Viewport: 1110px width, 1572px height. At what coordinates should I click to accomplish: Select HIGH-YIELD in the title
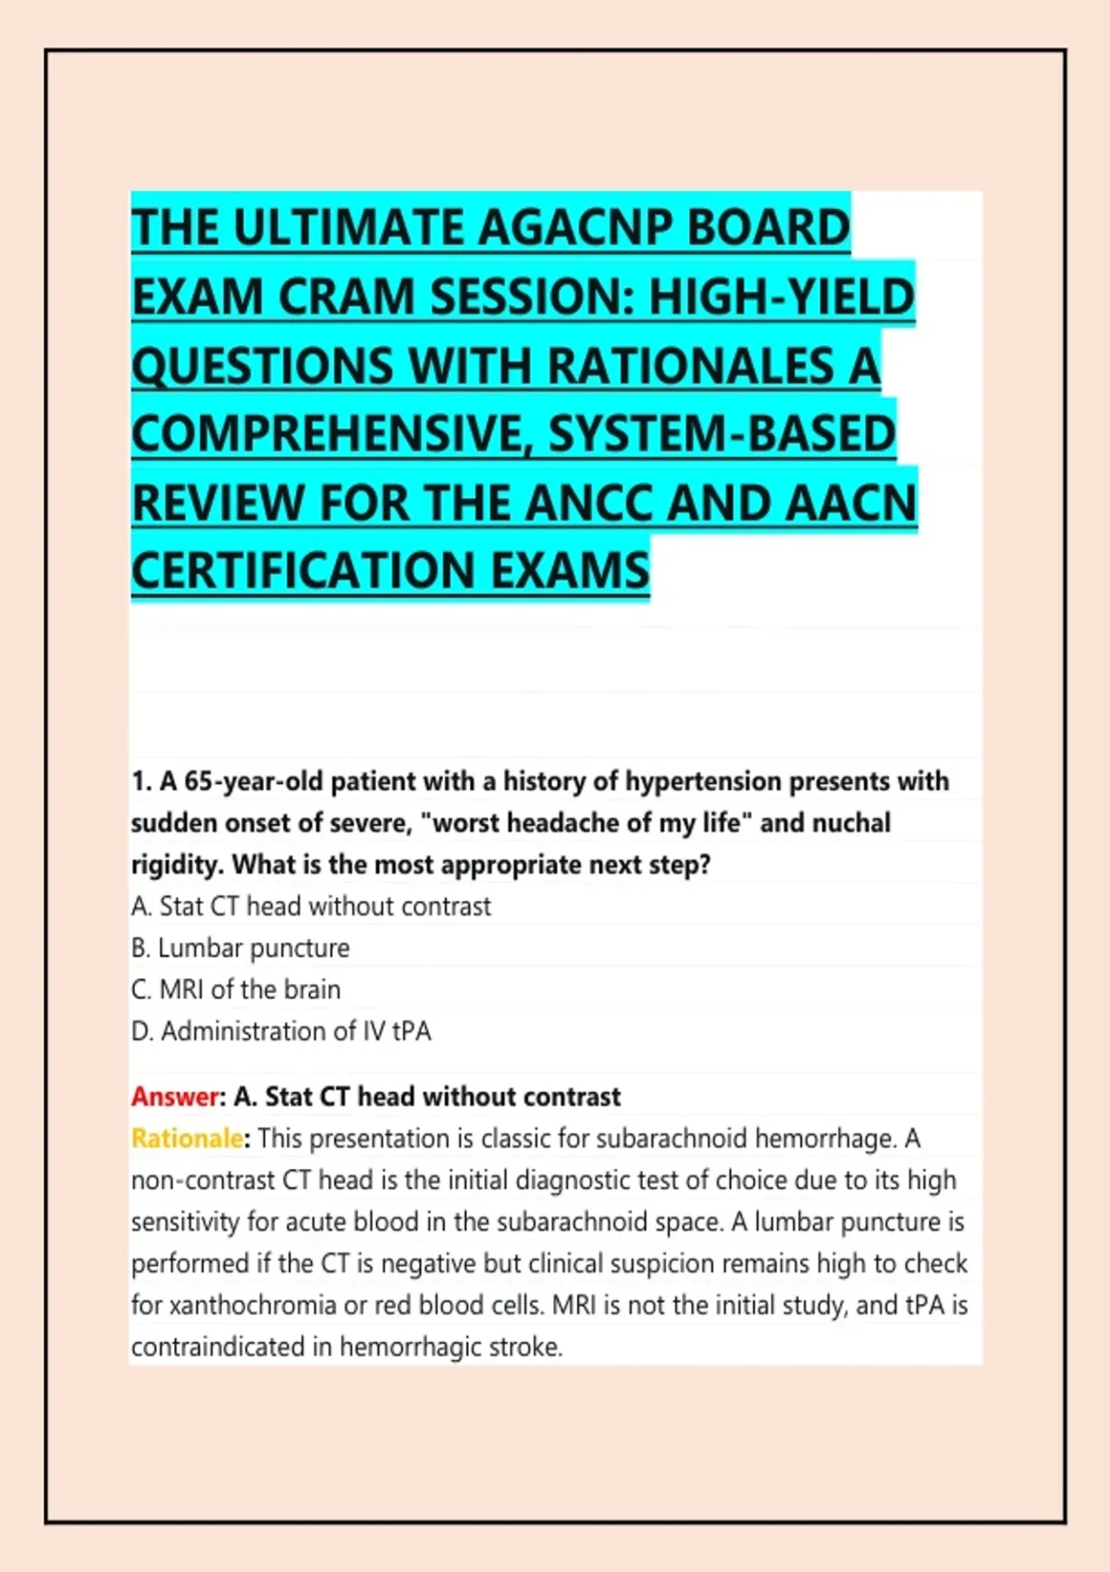pyautogui.click(x=782, y=296)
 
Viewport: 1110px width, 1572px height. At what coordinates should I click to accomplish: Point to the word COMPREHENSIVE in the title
pyautogui.click(x=334, y=434)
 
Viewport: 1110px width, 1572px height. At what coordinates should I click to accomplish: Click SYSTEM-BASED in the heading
pyautogui.click(x=722, y=434)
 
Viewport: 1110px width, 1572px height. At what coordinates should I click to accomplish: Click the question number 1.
pyautogui.click(x=139, y=781)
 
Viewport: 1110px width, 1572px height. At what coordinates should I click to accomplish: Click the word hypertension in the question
pyautogui.click(x=703, y=781)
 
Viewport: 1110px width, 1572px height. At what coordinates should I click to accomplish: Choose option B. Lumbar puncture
pyautogui.click(x=240, y=948)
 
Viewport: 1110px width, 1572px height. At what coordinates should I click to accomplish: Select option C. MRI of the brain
pyautogui.click(x=236, y=989)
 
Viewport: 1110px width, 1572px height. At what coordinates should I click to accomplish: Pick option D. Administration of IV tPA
pyautogui.click(x=281, y=1031)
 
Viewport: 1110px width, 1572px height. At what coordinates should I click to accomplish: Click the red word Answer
pyautogui.click(x=176, y=1096)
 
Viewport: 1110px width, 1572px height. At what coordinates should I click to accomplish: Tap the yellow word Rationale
pyautogui.click(x=188, y=1137)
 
